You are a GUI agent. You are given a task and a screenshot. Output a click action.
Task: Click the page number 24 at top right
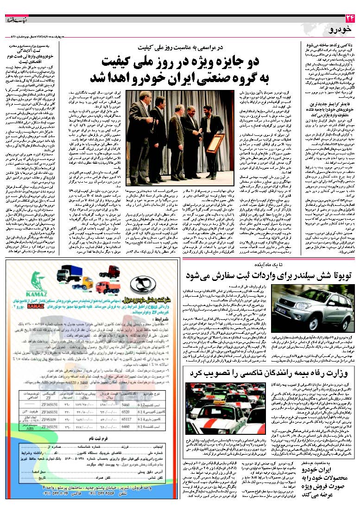pos(348,18)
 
